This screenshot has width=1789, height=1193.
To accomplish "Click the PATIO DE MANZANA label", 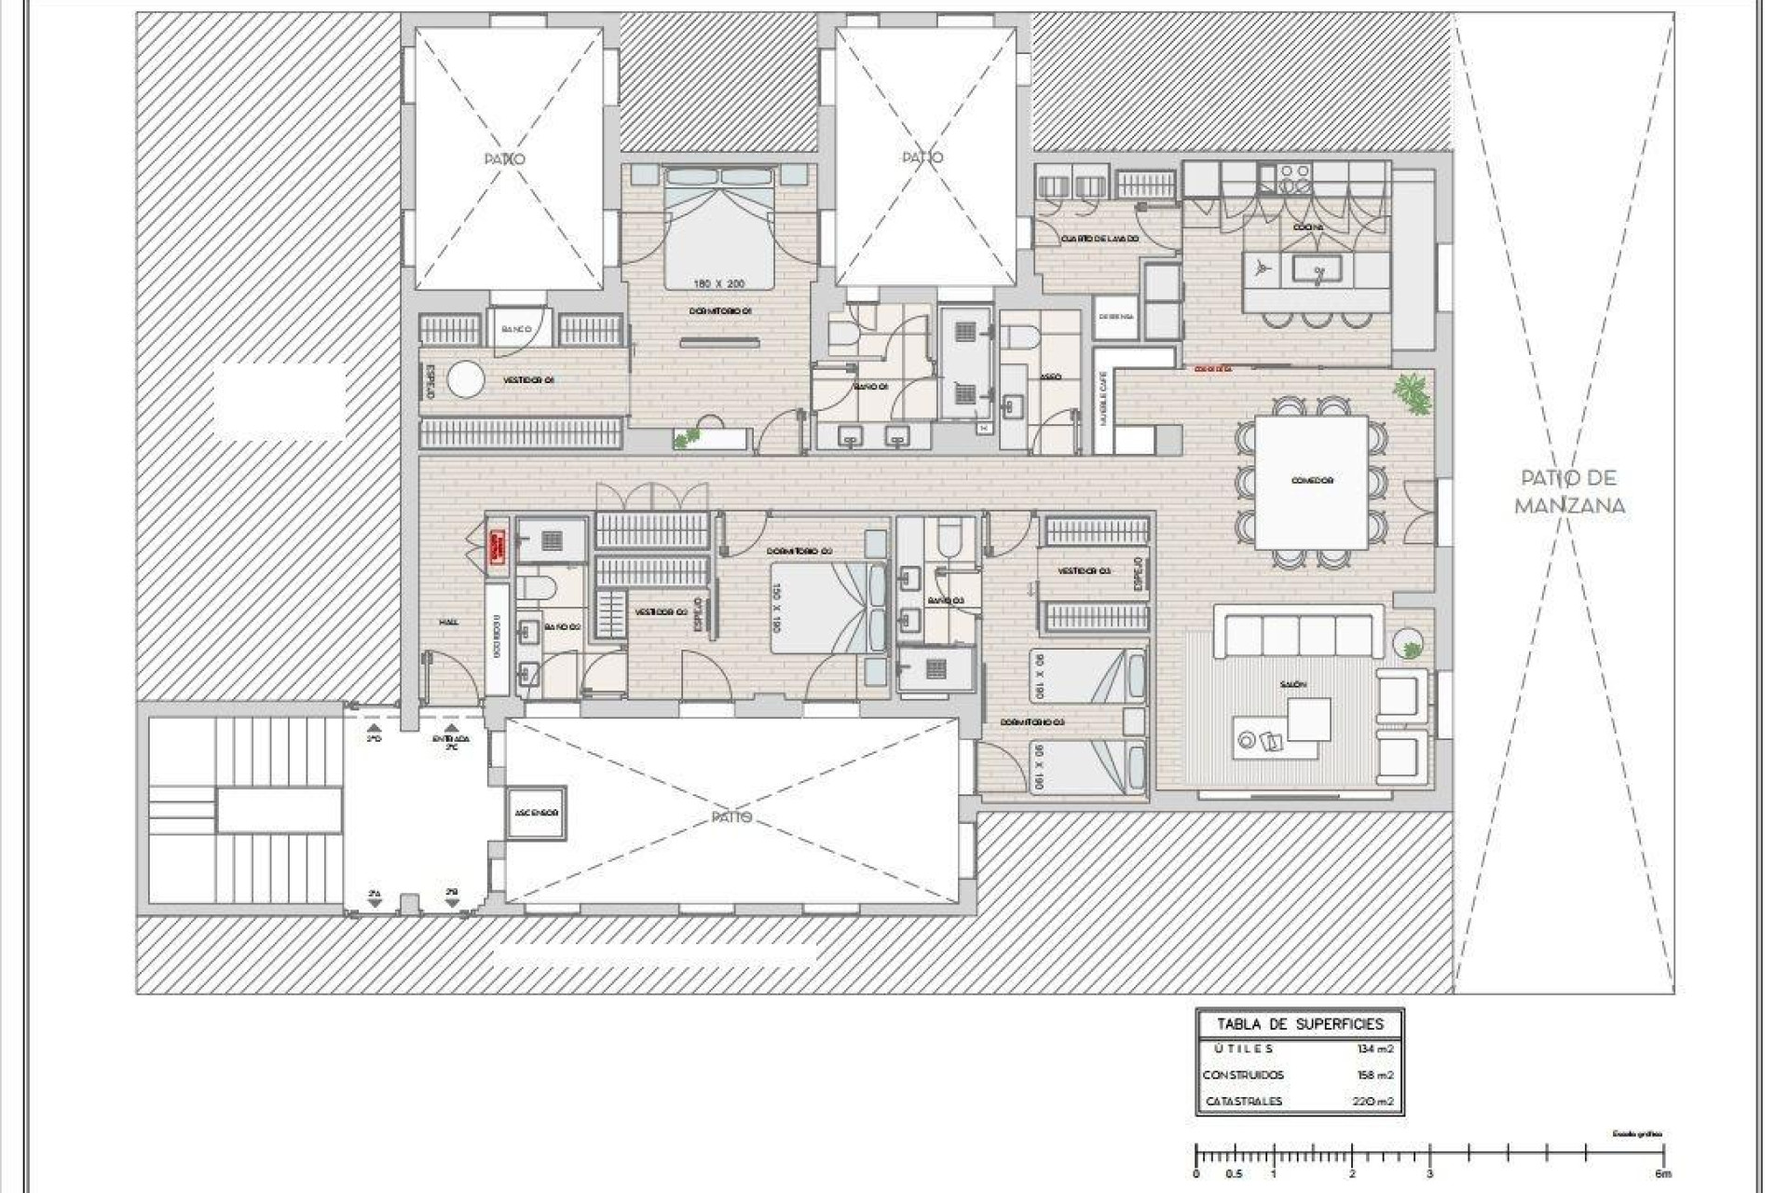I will click(1570, 491).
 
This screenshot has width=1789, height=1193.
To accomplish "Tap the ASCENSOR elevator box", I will click(536, 813).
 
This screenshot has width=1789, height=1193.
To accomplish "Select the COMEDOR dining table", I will click(1312, 482).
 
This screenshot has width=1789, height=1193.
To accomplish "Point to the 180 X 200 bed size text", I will click(720, 282).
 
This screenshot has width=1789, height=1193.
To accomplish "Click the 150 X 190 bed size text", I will click(775, 609).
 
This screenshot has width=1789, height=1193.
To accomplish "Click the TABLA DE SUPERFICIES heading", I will click(1300, 1023).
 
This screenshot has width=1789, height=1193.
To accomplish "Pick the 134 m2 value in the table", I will click(1375, 1049).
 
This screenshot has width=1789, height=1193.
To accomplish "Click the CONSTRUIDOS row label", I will click(1243, 1075).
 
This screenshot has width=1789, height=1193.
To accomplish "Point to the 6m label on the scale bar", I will click(1664, 1173).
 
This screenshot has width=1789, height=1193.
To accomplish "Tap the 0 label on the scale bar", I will click(1197, 1173).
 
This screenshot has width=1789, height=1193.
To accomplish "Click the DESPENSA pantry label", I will click(1115, 317).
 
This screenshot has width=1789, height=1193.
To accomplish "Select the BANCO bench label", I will click(516, 329).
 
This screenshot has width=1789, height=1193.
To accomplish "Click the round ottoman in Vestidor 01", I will click(465, 380).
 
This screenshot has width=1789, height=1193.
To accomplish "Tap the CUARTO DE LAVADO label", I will click(1099, 240).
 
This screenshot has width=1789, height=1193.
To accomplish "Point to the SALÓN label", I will click(1292, 684).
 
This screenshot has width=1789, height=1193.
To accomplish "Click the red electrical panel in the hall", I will click(497, 547).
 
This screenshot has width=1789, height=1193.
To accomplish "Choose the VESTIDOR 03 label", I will click(1084, 570).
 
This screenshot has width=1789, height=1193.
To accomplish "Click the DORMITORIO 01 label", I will click(720, 311).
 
